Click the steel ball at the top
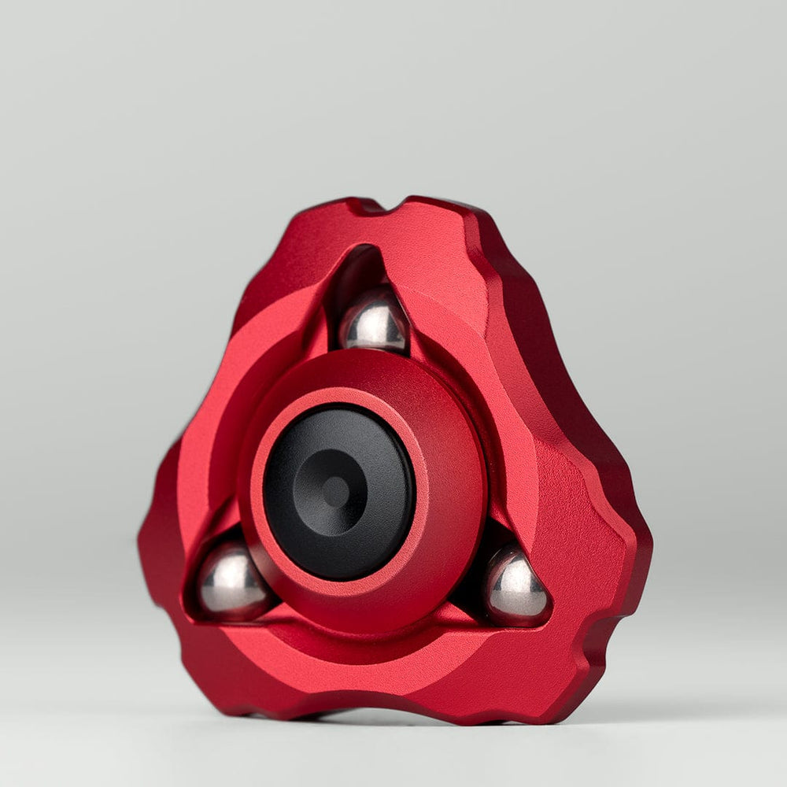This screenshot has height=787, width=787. pos(375,321)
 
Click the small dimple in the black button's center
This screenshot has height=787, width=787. pos(336,492)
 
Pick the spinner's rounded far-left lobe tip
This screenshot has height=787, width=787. pos(146,543)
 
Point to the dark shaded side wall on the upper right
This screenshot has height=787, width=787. pos(543,331)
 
